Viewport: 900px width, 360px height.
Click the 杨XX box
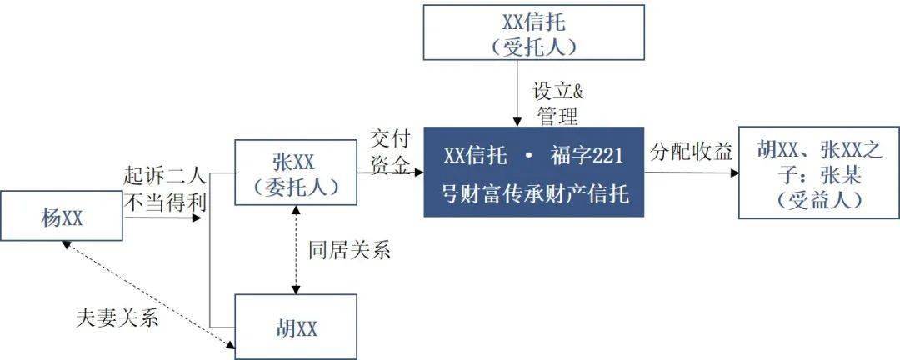point(62,217)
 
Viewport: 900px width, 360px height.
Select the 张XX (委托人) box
point(296,172)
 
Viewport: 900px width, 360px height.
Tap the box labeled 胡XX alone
point(296,327)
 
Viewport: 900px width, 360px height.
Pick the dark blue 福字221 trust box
point(534,172)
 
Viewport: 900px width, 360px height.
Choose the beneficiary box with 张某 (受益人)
point(819,172)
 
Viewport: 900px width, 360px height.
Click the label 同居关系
point(349,250)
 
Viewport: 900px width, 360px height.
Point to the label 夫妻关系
point(117,317)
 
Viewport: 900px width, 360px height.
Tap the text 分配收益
point(692,152)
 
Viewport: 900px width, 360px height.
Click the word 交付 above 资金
point(391,139)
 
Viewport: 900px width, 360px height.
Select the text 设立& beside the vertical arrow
point(558,92)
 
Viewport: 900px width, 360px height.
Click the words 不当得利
point(165,201)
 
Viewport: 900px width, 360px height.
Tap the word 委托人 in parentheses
point(296,186)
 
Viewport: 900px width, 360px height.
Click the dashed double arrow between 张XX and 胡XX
point(296,250)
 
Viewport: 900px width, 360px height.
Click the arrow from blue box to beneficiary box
point(691,172)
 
